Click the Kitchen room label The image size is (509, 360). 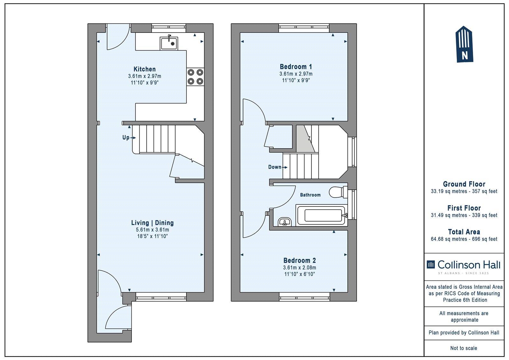click(x=144, y=69)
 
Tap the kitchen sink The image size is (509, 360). click(x=169, y=43)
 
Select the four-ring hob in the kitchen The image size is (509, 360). click(x=195, y=77)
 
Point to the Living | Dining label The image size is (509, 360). click(x=152, y=223)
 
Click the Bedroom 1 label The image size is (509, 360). click(x=296, y=67)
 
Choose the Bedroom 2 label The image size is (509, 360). click(x=299, y=260)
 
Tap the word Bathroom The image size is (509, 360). click(x=310, y=195)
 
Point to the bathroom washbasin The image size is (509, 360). click(x=285, y=222)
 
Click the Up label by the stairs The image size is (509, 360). click(x=126, y=138)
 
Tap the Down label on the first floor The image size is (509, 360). click(x=275, y=167)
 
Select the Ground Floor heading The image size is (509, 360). click(x=464, y=184)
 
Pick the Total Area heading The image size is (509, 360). click(x=464, y=232)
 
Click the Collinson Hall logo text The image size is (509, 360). click(x=469, y=265)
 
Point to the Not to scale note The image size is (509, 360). click(x=464, y=348)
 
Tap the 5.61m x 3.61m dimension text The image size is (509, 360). click(x=152, y=230)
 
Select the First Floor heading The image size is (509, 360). click(x=464, y=208)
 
